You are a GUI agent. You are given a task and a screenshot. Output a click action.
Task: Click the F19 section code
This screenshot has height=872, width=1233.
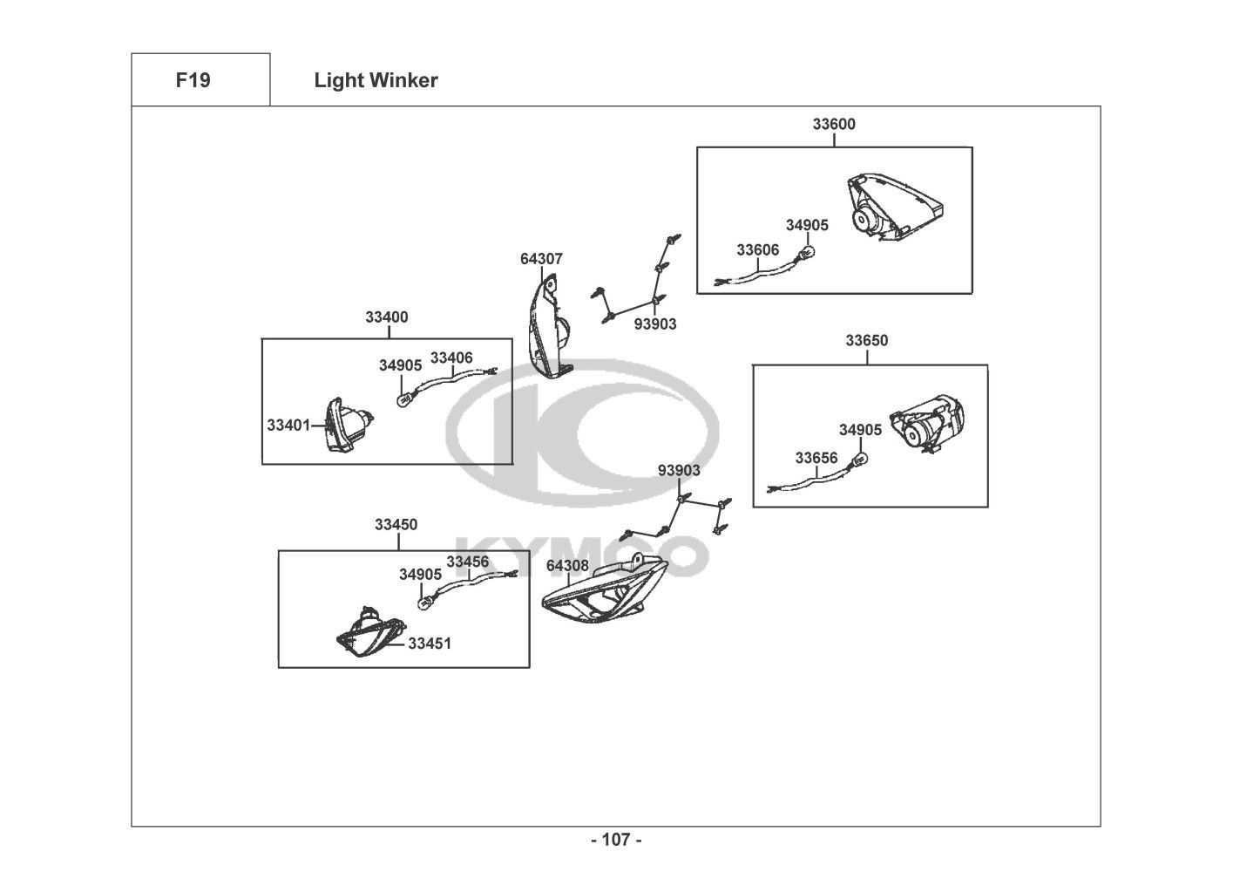[x=193, y=80]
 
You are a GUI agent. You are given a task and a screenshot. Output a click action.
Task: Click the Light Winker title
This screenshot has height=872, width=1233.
[x=376, y=81]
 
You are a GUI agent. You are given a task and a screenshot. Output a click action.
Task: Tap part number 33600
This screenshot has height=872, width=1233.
[x=834, y=124]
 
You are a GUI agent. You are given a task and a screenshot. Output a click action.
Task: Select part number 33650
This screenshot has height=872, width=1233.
[x=866, y=340]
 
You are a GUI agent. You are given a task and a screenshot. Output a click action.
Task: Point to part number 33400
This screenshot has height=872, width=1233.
[x=386, y=317]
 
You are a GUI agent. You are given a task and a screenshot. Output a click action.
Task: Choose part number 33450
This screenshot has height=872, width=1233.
[x=396, y=525]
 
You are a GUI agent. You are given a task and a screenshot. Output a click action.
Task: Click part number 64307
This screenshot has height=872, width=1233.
[x=541, y=259]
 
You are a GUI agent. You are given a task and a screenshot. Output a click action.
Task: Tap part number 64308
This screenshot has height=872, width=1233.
[x=567, y=566]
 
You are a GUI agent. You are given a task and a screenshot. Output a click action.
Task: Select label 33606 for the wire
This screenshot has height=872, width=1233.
[x=757, y=250]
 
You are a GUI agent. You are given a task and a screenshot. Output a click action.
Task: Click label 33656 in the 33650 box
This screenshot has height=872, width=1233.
[x=816, y=458]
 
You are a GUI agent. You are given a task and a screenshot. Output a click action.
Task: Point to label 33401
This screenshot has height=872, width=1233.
[x=288, y=426]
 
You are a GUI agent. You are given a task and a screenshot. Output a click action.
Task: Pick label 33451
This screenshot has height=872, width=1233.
[x=430, y=644]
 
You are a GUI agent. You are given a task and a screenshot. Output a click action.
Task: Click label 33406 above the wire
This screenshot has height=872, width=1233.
[x=451, y=358]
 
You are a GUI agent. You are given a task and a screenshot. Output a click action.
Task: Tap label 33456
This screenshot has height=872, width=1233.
[x=467, y=562]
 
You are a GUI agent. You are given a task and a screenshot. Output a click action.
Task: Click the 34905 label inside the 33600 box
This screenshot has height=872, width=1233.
[x=807, y=225]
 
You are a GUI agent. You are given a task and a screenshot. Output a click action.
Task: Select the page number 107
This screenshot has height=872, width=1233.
[x=616, y=841]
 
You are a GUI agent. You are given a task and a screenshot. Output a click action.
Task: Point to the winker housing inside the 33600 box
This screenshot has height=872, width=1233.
[x=893, y=207]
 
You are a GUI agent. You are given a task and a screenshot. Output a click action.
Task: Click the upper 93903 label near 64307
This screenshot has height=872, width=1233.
[x=654, y=324]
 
